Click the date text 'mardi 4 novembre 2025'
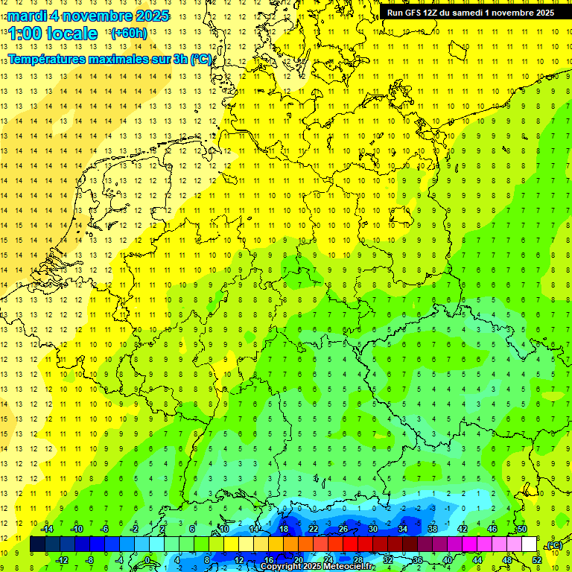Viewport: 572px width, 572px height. [x=89, y=16]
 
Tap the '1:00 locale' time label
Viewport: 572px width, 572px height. [x=53, y=34]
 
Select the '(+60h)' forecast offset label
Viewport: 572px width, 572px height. [x=128, y=34]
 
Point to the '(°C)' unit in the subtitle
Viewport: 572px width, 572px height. [x=200, y=60]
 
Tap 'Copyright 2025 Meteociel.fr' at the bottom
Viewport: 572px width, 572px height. [x=317, y=567]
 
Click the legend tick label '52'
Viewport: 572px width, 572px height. [x=536, y=559]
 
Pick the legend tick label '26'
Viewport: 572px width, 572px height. [x=343, y=529]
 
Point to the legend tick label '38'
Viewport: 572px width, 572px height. [x=433, y=529]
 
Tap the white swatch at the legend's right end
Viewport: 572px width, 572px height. [x=529, y=544]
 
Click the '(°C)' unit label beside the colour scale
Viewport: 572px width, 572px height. [x=553, y=545]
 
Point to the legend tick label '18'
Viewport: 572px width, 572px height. [x=284, y=529]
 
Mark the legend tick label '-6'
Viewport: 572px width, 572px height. [x=106, y=529]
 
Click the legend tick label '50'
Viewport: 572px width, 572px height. [x=522, y=529]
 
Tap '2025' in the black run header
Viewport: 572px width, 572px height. [x=541, y=13]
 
